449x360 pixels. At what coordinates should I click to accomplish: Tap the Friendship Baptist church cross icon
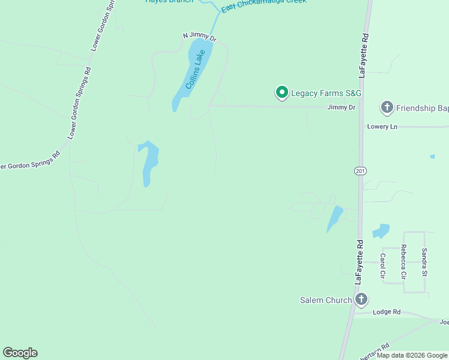[387, 108]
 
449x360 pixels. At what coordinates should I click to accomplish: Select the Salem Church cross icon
[361, 299]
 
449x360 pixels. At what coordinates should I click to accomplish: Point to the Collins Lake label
[195, 69]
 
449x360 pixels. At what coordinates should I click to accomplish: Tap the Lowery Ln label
[382, 127]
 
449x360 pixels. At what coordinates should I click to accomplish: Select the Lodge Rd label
[386, 312]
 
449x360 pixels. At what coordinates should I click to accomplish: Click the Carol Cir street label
[382, 265]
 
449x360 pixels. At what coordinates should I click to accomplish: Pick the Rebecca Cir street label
[404, 262]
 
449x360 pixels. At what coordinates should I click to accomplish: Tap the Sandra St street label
[424, 262]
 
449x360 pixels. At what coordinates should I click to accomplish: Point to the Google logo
[20, 353]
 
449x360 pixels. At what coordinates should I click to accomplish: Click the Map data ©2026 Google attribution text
[412, 355]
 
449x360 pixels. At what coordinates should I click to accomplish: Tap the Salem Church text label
[326, 300]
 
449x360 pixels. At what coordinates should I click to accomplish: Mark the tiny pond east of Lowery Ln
[432, 157]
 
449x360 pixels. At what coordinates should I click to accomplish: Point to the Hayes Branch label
[169, 1]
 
